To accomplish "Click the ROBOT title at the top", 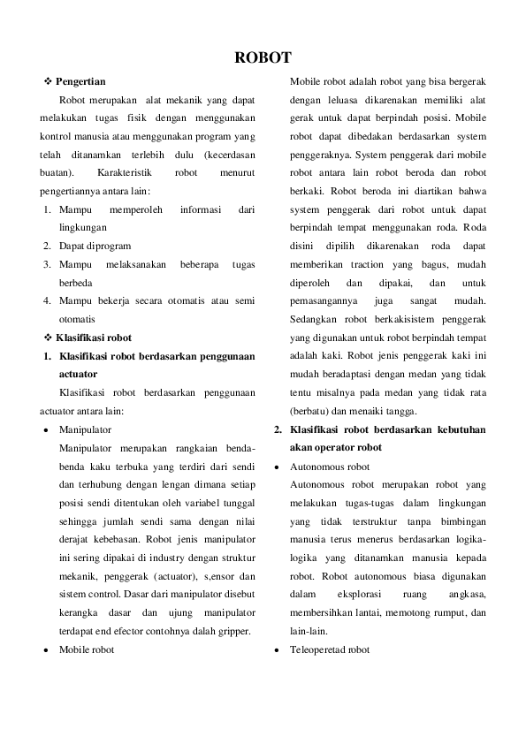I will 263,58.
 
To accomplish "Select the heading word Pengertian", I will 81,81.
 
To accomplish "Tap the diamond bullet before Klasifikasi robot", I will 48,338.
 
